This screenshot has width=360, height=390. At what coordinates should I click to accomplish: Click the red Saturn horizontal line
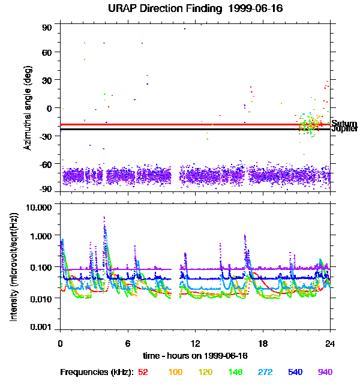pos(180,124)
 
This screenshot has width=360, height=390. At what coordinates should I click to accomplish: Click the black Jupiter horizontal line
pos(180,129)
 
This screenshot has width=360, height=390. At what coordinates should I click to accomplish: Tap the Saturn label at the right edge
pos(344,124)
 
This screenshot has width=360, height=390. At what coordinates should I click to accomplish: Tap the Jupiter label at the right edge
pos(344,129)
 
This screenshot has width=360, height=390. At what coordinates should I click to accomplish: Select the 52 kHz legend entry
pos(143,372)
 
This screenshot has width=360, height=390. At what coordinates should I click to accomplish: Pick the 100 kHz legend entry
pos(175,372)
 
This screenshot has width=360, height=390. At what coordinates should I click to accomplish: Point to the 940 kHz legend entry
pos(325,372)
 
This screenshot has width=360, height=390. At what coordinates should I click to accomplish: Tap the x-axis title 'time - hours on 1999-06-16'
pos(196,356)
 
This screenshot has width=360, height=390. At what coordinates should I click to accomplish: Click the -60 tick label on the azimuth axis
pos(46,163)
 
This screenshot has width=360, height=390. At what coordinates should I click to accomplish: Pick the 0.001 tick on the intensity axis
pos(43,328)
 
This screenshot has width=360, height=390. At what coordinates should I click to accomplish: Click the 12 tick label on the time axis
pos(196,344)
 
